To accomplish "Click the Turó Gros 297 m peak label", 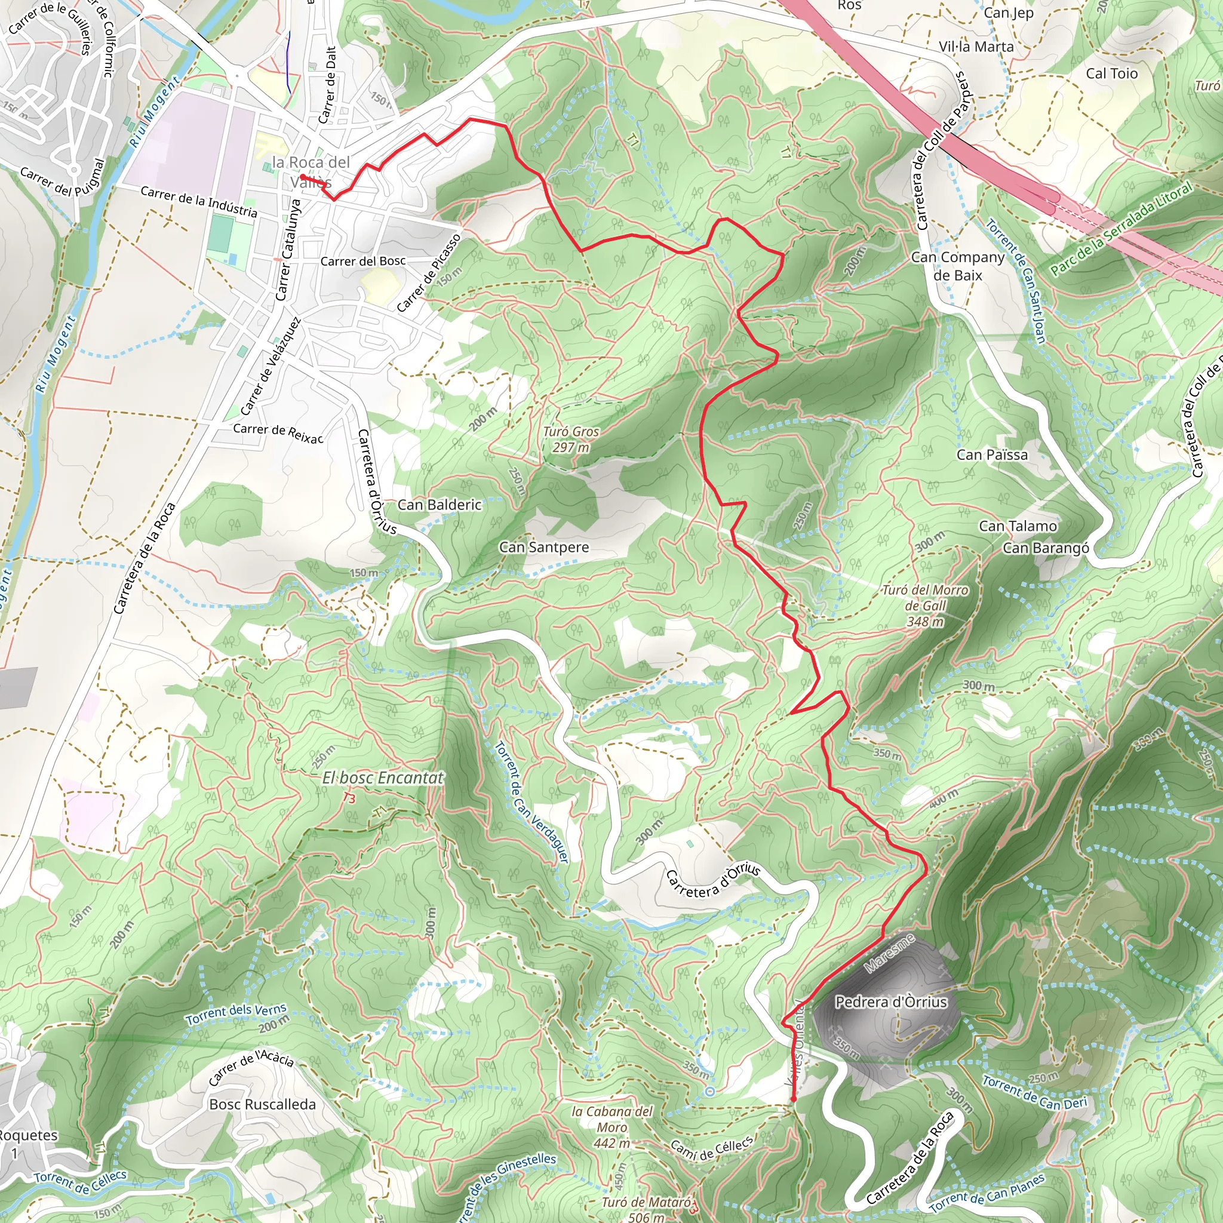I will click(571, 440).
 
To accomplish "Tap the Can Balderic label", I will click(440, 505).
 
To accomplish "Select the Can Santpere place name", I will click(544, 547).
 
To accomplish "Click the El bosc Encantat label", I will click(383, 778).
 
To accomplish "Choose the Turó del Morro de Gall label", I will click(925, 605).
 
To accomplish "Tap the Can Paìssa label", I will click(992, 454).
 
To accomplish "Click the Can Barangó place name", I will click(1046, 548).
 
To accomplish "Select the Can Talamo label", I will click(1018, 526).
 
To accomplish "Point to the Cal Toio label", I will click(1111, 73).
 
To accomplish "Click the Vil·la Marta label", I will click(976, 47).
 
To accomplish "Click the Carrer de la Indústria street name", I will click(199, 201).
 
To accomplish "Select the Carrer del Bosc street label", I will click(362, 261).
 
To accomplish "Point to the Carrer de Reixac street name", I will click(278, 432).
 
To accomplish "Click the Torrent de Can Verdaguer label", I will click(531, 803).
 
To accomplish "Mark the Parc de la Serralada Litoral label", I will click(1121, 228).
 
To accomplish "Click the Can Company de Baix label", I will click(957, 266).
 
